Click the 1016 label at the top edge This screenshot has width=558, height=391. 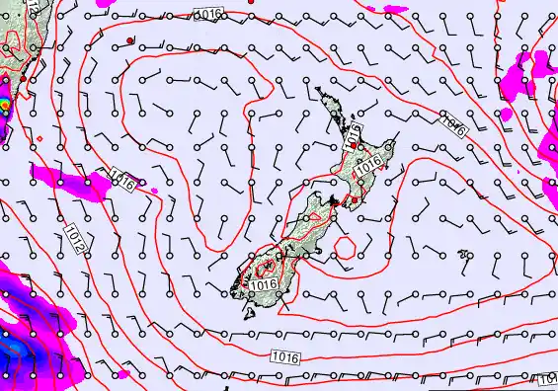[206, 13]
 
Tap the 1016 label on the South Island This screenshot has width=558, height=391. [263, 284]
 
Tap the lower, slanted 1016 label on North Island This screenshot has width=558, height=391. [368, 168]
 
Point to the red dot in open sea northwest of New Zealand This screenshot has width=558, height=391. [130, 40]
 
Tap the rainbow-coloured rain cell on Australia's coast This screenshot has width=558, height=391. [5, 103]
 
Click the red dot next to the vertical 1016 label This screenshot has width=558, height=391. [354, 146]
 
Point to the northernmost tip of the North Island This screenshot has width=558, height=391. [318, 89]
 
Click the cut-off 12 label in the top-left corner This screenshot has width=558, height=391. [33, 5]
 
